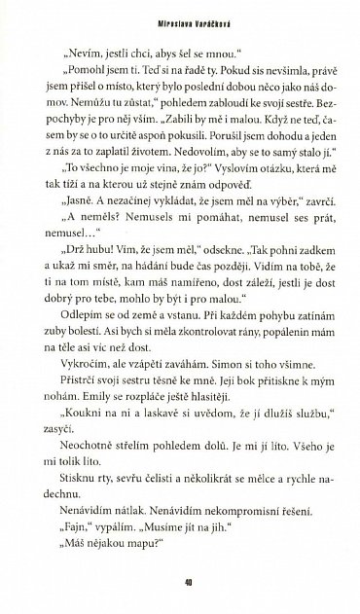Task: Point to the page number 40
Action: tap(180, 584)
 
